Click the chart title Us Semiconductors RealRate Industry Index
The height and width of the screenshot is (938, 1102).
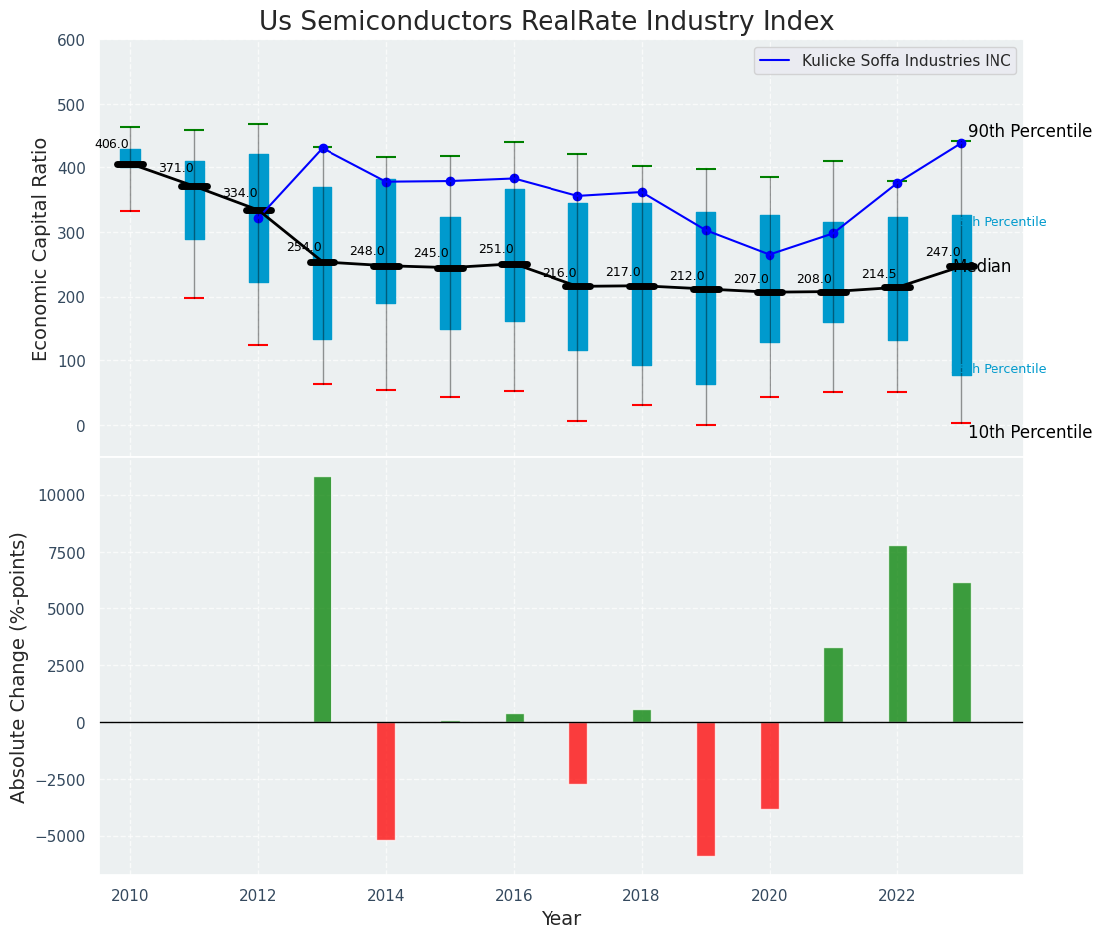(546, 22)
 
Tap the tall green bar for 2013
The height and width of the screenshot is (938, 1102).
(323, 599)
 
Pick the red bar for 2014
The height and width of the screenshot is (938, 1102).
(386, 781)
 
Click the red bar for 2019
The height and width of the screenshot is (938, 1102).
(706, 789)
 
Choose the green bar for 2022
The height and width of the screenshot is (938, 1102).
(898, 634)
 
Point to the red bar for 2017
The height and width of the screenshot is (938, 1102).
(578, 753)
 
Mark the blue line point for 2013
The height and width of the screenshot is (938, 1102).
(323, 148)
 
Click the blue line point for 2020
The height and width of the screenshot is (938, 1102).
(770, 255)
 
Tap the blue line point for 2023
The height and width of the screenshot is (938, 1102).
(961, 143)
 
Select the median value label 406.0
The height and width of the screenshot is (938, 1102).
(111, 144)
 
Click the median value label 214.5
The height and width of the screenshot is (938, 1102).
(879, 274)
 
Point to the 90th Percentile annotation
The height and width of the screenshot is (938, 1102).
(1029, 131)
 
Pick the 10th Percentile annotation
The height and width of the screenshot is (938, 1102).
(1029, 432)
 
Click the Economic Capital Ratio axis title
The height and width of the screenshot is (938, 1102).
(41, 249)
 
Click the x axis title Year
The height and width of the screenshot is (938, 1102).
(560, 919)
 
